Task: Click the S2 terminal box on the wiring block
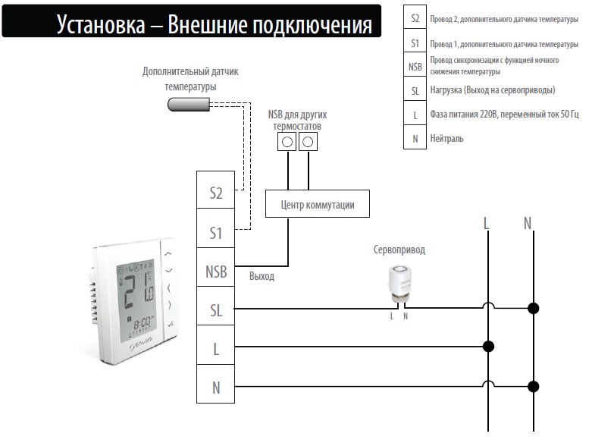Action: (215, 190)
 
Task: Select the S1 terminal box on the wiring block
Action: (215, 228)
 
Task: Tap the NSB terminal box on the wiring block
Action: (215, 268)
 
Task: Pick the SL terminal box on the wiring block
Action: (215, 306)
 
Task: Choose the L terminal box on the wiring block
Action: (215, 345)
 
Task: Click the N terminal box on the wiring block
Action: (215, 384)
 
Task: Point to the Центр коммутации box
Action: (318, 203)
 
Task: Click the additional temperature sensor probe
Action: (189, 105)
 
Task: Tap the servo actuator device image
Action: (399, 284)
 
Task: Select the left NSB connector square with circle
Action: (287, 142)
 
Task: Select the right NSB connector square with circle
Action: (308, 142)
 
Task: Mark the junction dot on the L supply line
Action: (488, 346)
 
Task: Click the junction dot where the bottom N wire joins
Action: (533, 386)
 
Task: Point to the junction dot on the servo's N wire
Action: (533, 308)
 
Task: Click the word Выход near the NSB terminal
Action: (262, 276)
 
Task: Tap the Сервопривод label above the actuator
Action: (399, 250)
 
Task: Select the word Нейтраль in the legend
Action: (446, 139)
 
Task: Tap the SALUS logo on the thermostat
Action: (141, 343)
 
